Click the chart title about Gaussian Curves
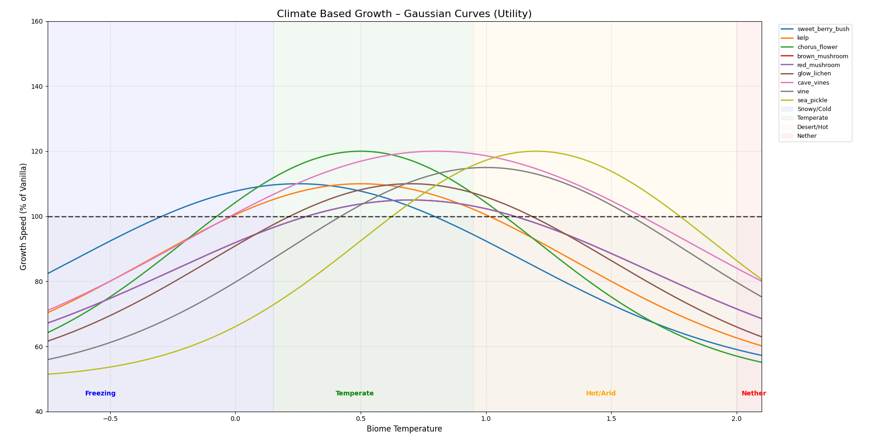404,14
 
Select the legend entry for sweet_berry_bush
823,29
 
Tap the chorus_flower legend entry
817,47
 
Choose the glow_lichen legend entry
813,74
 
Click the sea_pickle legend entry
812,100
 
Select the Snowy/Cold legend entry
813,109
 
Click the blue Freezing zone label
100,394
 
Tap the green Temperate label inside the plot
355,394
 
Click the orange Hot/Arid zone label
601,394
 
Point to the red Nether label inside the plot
754,394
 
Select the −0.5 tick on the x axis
110,419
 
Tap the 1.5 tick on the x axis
611,419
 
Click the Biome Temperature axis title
404,429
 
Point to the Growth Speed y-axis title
24,216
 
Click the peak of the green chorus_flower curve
361,151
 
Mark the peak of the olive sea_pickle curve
536,151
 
